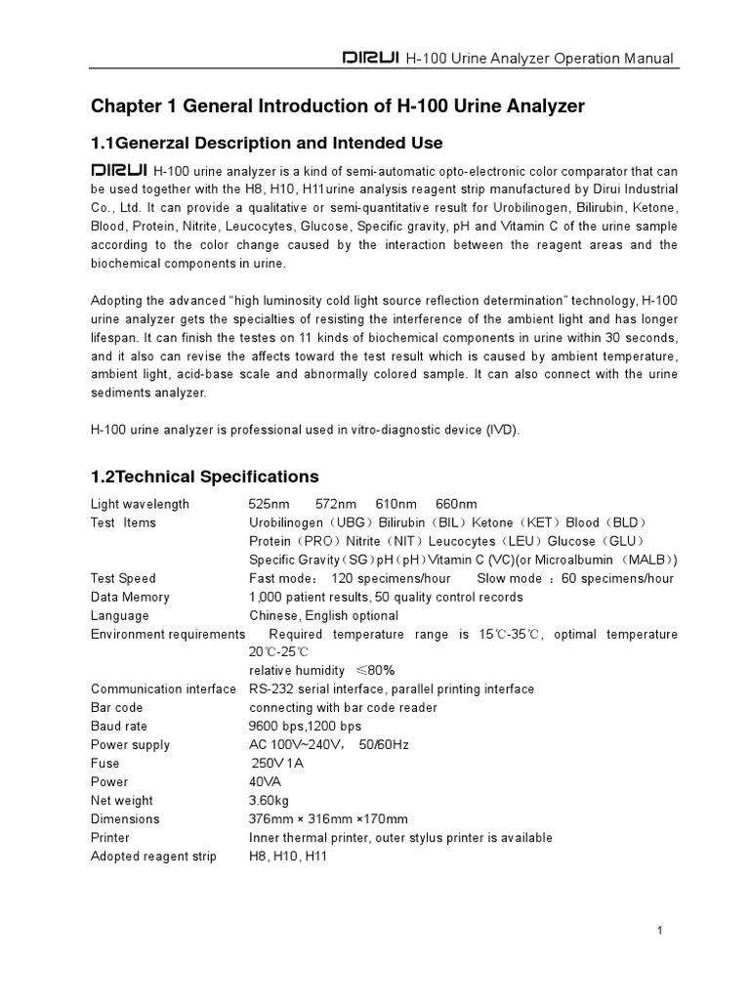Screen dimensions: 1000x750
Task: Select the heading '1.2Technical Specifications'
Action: [204, 477]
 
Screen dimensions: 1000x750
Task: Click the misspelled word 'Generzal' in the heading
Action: [145, 144]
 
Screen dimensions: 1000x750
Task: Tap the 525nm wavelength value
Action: [270, 504]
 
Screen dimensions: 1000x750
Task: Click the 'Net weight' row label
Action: [121, 801]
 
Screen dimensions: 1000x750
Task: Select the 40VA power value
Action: [263, 782]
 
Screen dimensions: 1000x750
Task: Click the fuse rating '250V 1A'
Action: [276, 764]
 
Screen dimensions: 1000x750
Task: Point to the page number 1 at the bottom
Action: [661, 931]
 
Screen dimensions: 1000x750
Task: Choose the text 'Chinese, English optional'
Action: [323, 615]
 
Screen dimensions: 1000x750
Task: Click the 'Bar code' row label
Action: [116, 707]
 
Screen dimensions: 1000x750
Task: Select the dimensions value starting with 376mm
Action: [328, 819]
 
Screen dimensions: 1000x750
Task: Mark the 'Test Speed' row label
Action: [123, 578]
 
